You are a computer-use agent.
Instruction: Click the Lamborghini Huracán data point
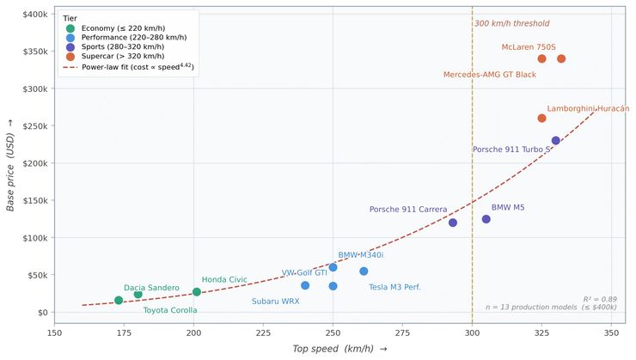point(541,118)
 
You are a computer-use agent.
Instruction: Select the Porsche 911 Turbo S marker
point(555,140)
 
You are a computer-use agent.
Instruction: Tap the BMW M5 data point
point(486,219)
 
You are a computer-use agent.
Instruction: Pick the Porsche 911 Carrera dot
point(453,223)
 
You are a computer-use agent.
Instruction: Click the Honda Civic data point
point(197,292)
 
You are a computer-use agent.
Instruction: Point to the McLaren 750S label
point(529,47)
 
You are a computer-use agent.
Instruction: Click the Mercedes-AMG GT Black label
point(490,75)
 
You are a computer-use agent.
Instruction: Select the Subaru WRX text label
point(275,302)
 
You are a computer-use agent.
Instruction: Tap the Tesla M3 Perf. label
point(394,287)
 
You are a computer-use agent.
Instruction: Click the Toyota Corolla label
point(170,310)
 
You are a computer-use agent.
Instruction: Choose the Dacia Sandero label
point(151,288)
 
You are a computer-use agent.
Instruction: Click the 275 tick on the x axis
point(402,332)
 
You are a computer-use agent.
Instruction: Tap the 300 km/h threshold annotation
point(511,23)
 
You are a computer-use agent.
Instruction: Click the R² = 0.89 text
point(599,299)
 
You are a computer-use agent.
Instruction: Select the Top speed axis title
point(335,349)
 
